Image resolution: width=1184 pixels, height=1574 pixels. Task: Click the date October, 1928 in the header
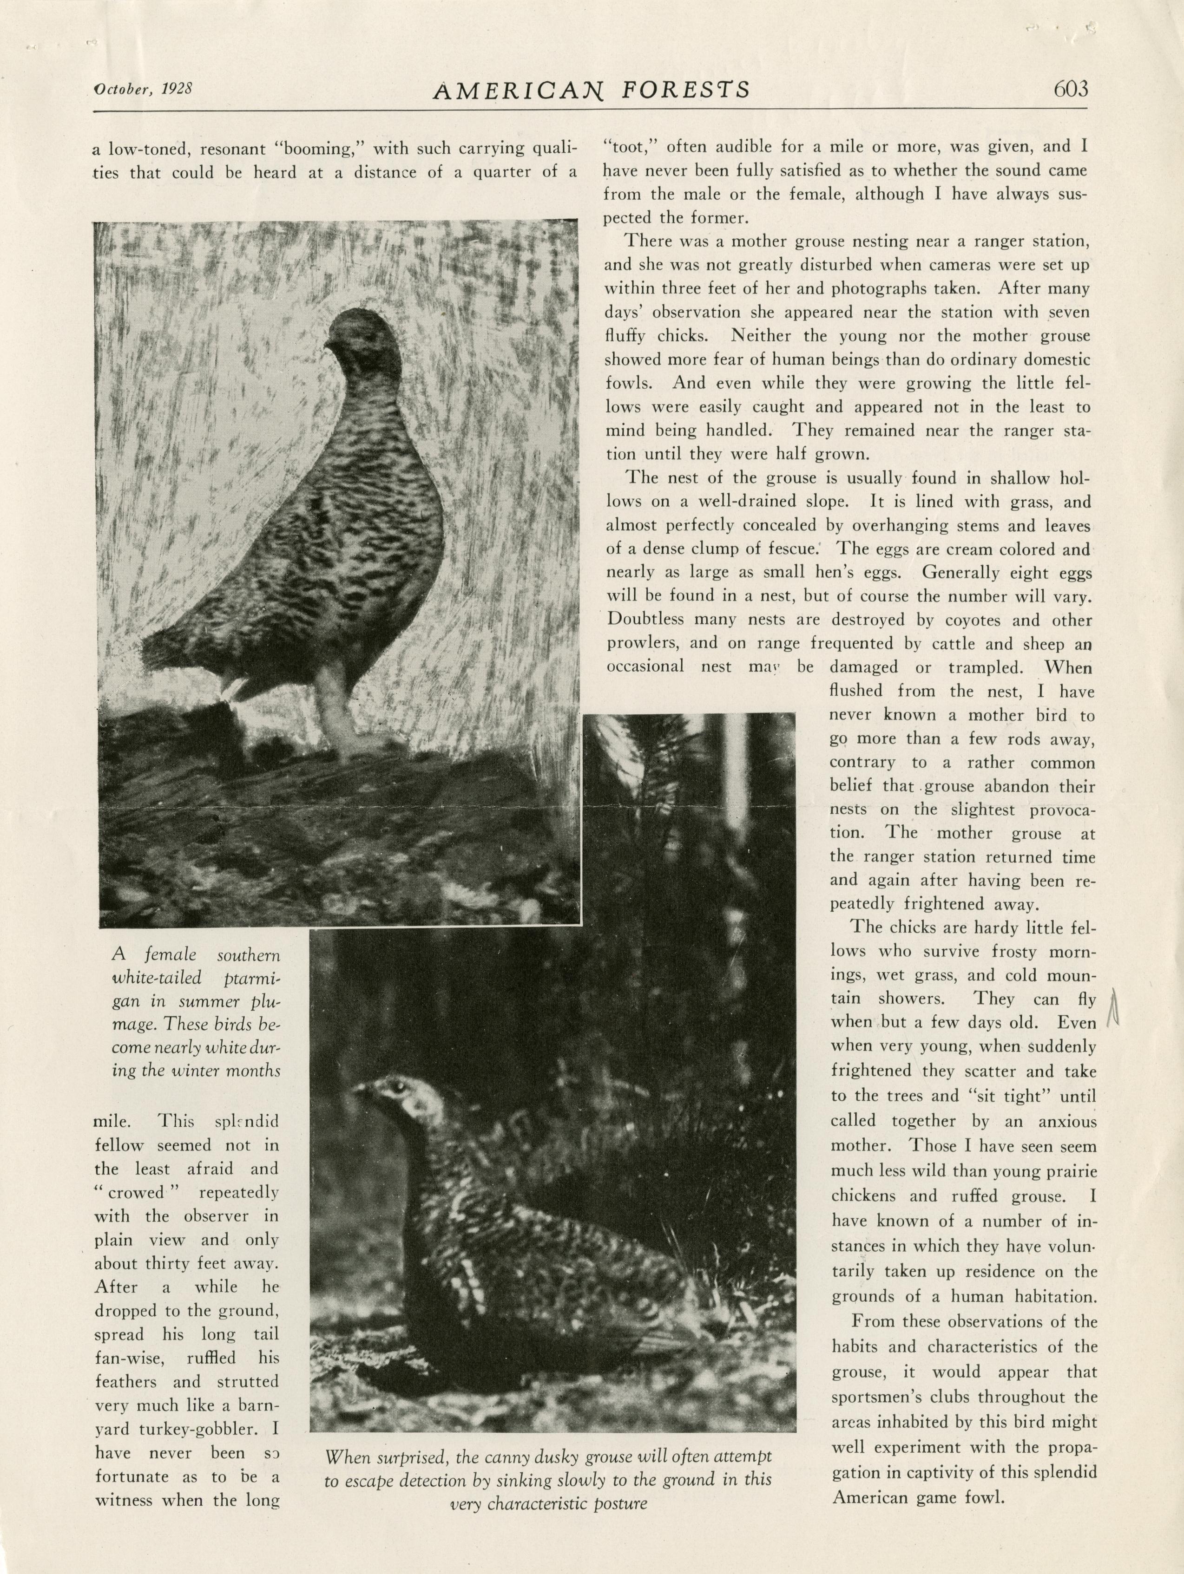click(144, 88)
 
